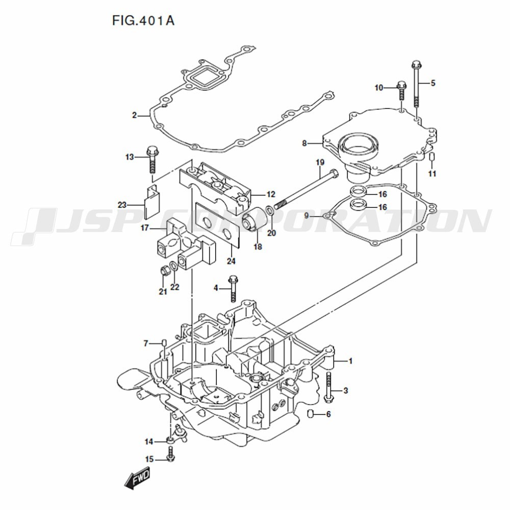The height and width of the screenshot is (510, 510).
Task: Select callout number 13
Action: (130, 157)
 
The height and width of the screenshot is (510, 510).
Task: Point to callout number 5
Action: (433, 83)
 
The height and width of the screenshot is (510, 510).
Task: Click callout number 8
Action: (304, 144)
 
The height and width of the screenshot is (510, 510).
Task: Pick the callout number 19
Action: (320, 163)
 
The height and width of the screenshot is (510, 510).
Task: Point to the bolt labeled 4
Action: (234, 289)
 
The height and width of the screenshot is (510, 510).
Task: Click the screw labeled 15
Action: (171, 456)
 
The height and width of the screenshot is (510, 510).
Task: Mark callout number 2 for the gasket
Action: (135, 115)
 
